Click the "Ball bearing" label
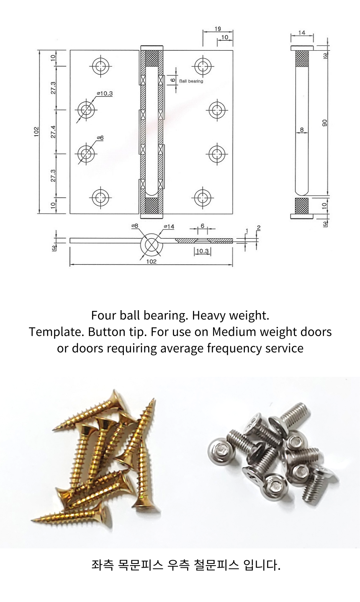pos(191,81)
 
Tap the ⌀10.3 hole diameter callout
pos(105,93)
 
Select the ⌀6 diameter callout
pos(100,138)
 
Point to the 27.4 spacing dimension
pos(53,132)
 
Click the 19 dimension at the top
pos(218,28)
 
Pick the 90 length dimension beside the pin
pos(324,123)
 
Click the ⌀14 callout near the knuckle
pos(169,226)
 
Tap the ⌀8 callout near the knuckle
pos(135,226)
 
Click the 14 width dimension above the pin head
pos(302,33)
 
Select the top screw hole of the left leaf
pos(101,66)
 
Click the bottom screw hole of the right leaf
pos(203,198)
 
